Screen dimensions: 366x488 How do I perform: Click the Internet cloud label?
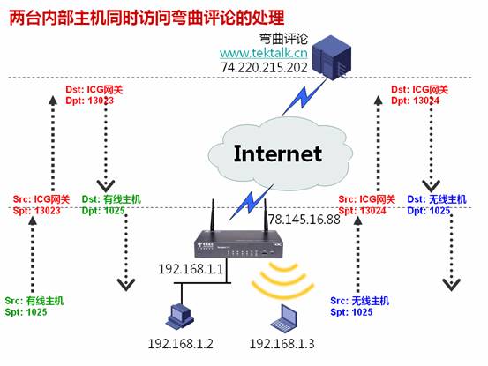pos(277,153)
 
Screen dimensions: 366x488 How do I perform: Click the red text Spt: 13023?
pos(37,211)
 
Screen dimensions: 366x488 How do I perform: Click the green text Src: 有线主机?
pos(34,301)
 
